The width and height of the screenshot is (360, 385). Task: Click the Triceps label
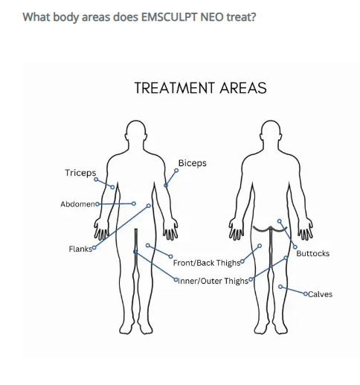(80, 173)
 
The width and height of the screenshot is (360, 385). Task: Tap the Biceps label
(193, 163)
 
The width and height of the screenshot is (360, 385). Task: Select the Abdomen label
(77, 204)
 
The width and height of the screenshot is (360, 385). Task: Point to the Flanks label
(80, 249)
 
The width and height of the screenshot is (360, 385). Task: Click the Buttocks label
(313, 253)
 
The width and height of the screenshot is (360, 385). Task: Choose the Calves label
(320, 294)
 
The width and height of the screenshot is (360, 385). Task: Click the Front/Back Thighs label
(207, 263)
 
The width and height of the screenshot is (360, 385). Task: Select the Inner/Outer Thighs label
(213, 281)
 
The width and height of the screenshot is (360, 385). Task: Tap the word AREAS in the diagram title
(243, 88)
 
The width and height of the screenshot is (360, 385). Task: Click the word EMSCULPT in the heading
(169, 17)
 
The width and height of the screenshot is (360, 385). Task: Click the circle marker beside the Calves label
(306, 293)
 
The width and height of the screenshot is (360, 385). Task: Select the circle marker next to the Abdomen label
(97, 204)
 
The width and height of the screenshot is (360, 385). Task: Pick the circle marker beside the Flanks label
(94, 247)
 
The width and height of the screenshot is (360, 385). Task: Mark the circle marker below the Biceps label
(176, 171)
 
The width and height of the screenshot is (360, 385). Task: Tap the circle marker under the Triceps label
(96, 179)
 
